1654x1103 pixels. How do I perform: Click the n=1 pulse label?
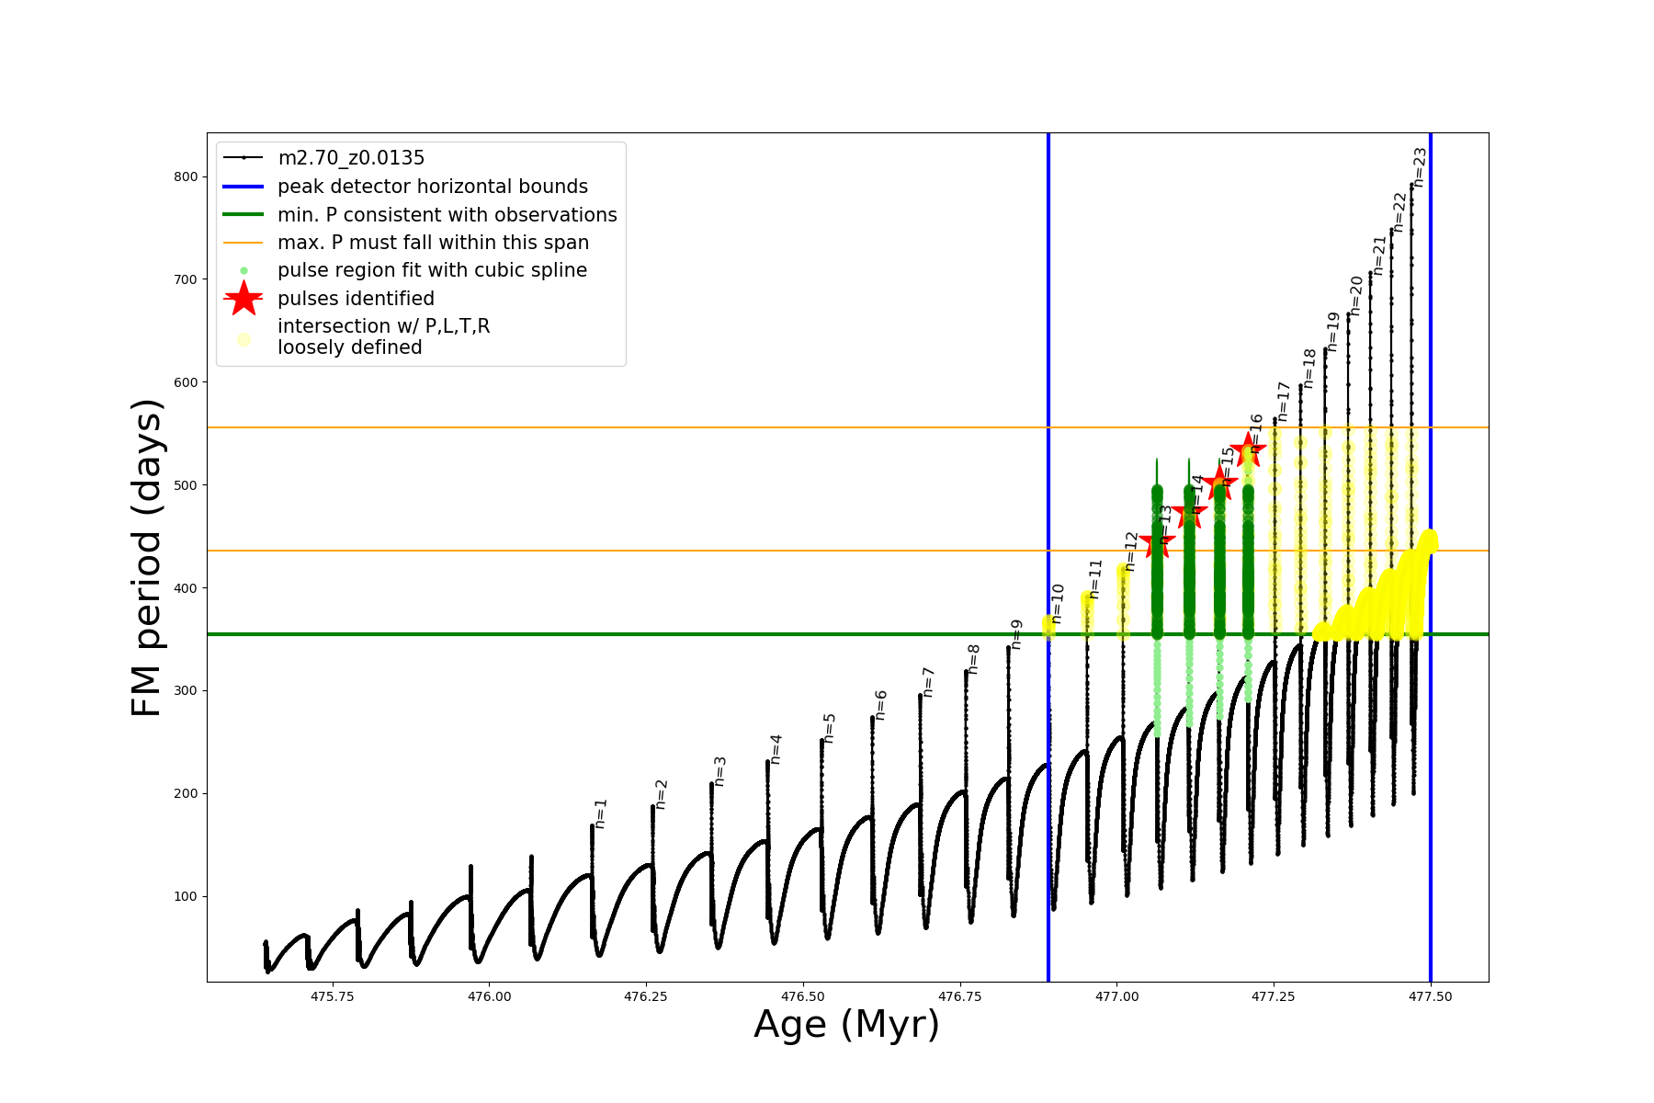pos(601,813)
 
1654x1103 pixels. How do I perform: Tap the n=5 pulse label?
pos(830,728)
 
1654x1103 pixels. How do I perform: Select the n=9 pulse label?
pos(1016,634)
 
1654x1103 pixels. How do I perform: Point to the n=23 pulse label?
pos(1420,167)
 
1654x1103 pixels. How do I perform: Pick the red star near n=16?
pos(1248,449)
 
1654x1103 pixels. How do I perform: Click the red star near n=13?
pos(1157,541)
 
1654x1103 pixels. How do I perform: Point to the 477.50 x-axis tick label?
pos(1430,996)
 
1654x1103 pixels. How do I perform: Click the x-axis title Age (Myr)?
pos(846,1025)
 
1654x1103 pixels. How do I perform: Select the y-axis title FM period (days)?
pos(147,557)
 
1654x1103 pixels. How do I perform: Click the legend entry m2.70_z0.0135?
pos(351,158)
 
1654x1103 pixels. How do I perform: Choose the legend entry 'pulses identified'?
pos(356,299)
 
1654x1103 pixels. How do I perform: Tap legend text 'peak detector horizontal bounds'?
pos(433,187)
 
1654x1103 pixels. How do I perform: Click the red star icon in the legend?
pos(244,298)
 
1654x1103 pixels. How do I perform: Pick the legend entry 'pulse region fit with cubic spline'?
pos(432,270)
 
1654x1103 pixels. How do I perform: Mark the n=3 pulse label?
pos(720,771)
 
